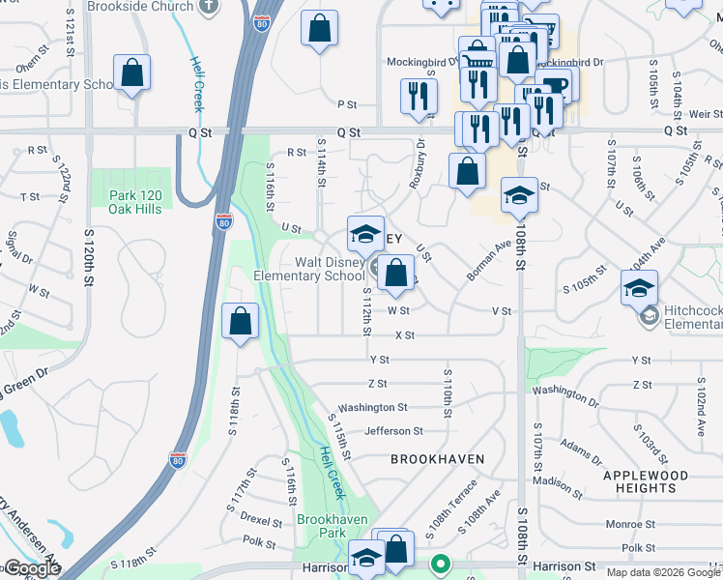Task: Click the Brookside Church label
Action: tap(139, 6)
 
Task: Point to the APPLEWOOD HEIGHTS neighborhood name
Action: tap(646, 481)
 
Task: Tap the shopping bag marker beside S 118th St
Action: tap(240, 322)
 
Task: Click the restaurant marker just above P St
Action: tap(419, 97)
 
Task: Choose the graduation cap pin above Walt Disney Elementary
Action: tap(365, 234)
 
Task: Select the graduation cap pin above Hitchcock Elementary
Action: tap(639, 287)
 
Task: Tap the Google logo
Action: tap(31, 568)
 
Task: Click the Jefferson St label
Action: tap(393, 431)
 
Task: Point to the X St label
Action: tap(404, 335)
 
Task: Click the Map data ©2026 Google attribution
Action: tap(663, 572)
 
